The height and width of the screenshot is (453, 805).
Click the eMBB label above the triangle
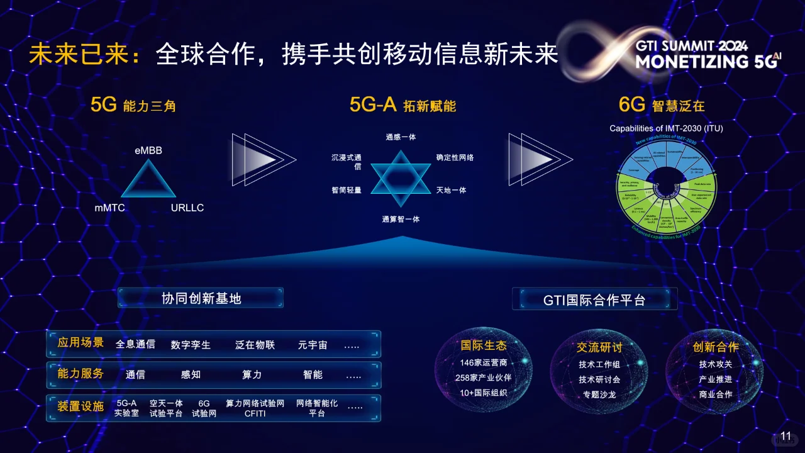click(x=148, y=151)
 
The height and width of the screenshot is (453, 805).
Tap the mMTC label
click(x=110, y=208)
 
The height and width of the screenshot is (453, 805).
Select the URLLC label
click(x=187, y=208)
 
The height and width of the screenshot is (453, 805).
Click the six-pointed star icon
click(x=401, y=179)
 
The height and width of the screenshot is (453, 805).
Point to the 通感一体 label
click(x=401, y=137)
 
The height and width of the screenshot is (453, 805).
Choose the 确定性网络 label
click(x=455, y=157)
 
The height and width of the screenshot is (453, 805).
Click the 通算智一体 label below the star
click(x=401, y=219)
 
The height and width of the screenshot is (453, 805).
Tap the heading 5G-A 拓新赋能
click(x=402, y=105)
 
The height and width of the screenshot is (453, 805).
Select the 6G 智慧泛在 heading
click(x=662, y=105)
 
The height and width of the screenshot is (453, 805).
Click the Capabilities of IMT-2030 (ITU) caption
click(x=666, y=128)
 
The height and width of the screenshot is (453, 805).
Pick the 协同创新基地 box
click(x=201, y=298)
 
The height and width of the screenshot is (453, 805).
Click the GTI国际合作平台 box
click(x=594, y=299)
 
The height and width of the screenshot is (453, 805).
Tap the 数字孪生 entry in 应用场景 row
click(x=191, y=345)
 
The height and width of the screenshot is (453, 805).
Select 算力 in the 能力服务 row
click(x=252, y=374)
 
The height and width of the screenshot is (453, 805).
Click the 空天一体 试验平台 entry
click(x=166, y=408)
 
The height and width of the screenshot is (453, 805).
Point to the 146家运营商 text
click(x=483, y=362)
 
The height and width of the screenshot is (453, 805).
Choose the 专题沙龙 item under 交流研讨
click(x=599, y=394)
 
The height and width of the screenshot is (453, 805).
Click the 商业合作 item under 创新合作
click(x=716, y=394)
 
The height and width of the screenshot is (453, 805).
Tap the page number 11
click(x=786, y=436)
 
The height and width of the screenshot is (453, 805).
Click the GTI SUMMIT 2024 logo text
click(x=691, y=47)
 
